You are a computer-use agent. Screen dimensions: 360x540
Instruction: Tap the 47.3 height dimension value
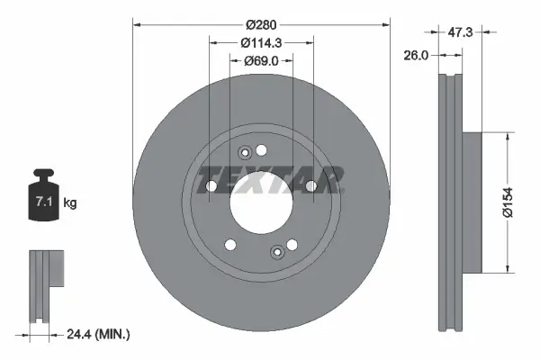[463, 31]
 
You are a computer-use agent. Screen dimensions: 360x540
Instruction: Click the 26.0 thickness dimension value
[415, 54]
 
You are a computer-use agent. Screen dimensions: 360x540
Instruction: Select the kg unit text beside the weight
[70, 204]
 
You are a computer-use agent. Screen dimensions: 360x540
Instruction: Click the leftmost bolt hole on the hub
[211, 186]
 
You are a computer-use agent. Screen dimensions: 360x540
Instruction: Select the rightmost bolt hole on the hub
[310, 186]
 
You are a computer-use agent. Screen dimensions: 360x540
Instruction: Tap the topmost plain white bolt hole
[262, 149]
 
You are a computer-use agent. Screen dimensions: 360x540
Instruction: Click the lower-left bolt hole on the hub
[230, 244]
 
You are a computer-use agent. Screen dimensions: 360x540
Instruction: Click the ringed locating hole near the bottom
[277, 254]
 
